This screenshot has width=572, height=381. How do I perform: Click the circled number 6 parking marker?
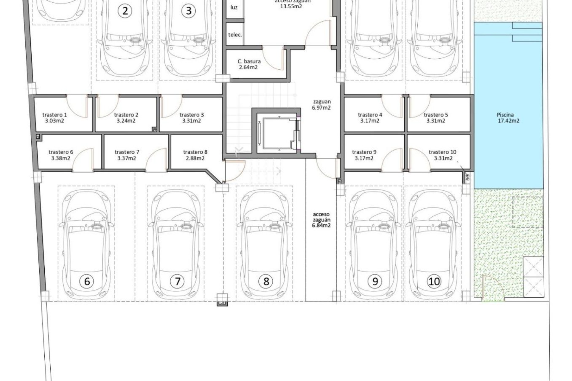pos(87,281)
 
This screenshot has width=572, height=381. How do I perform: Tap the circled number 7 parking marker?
pos(177,281)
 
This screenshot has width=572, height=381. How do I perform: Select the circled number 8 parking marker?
pos(266,281)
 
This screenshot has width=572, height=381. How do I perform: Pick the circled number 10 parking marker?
pos(434,281)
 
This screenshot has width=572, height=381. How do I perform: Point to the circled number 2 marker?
pos(125,11)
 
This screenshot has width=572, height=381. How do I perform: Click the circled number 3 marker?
pos(188,11)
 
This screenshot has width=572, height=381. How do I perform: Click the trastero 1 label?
pos(55,115)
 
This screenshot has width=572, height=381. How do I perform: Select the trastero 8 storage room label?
pos(195,152)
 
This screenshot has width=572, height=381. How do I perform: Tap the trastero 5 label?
pos(436,115)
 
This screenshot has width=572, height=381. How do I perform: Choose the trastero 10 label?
pos(442,152)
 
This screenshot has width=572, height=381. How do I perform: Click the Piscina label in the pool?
pos(505,115)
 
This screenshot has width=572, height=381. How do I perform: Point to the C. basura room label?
pos(249,62)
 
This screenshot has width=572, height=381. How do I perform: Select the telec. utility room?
pos(235,35)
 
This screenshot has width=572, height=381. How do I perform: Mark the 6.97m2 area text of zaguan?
pos(321,108)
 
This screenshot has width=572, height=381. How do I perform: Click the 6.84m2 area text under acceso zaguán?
pos(321,225)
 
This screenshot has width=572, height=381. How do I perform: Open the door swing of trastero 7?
pos(157,161)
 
